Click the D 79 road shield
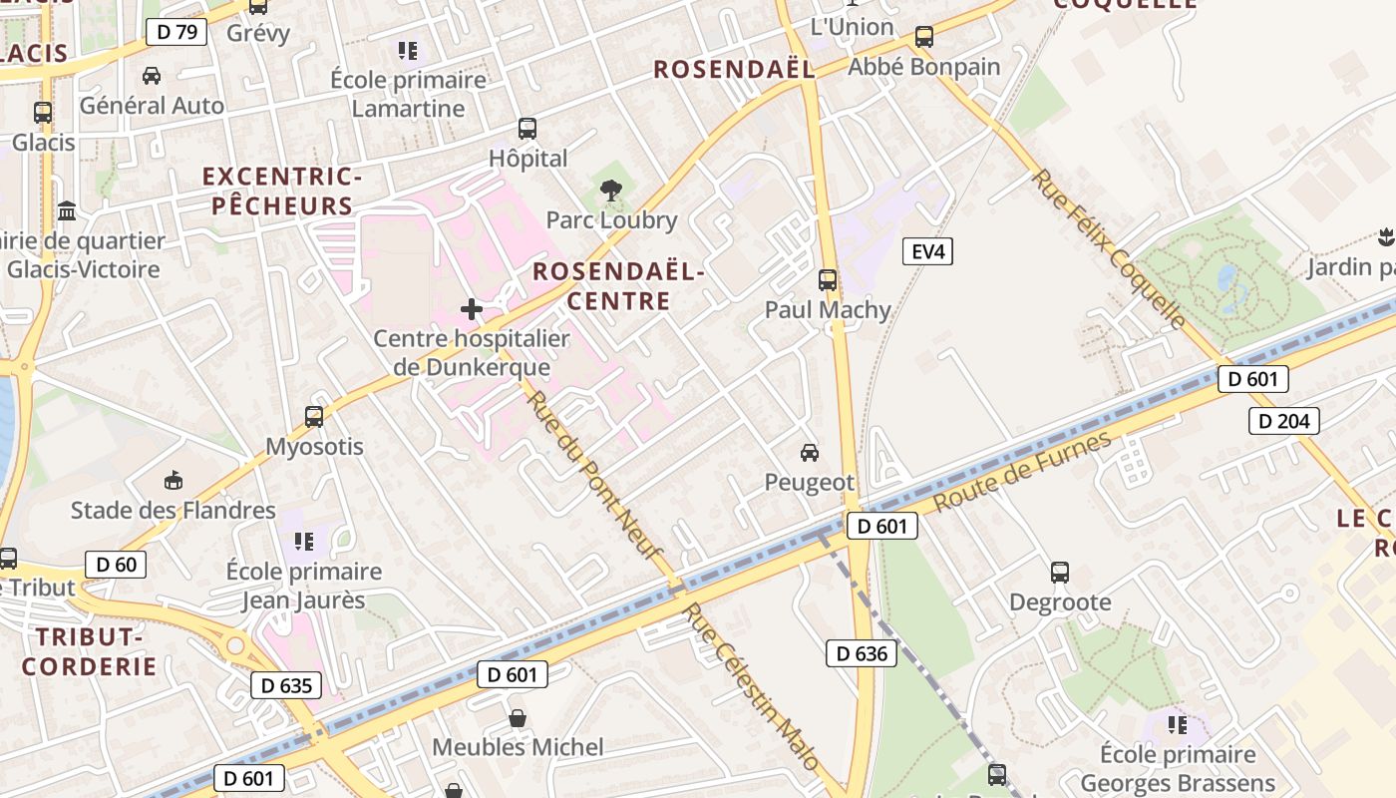pyautogui.click(x=175, y=32)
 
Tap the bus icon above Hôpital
pyautogui.click(x=527, y=129)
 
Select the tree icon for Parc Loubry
pyautogui.click(x=611, y=190)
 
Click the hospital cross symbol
pyautogui.click(x=472, y=309)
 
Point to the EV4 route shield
pyautogui.click(x=927, y=251)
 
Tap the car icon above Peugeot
pyautogui.click(x=810, y=453)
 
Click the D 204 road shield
pyautogui.click(x=1284, y=421)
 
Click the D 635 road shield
pyautogui.click(x=286, y=685)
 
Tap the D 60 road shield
pyautogui.click(x=116, y=565)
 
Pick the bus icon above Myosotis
pyautogui.click(x=314, y=417)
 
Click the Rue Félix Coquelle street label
pyautogui.click(x=1108, y=248)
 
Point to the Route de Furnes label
pyautogui.click(x=1022, y=473)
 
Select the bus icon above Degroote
pyautogui.click(x=1060, y=573)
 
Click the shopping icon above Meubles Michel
pyautogui.click(x=518, y=717)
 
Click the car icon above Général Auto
pyautogui.click(x=152, y=76)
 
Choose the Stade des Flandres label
pyautogui.click(x=173, y=511)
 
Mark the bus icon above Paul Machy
pyautogui.click(x=828, y=280)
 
